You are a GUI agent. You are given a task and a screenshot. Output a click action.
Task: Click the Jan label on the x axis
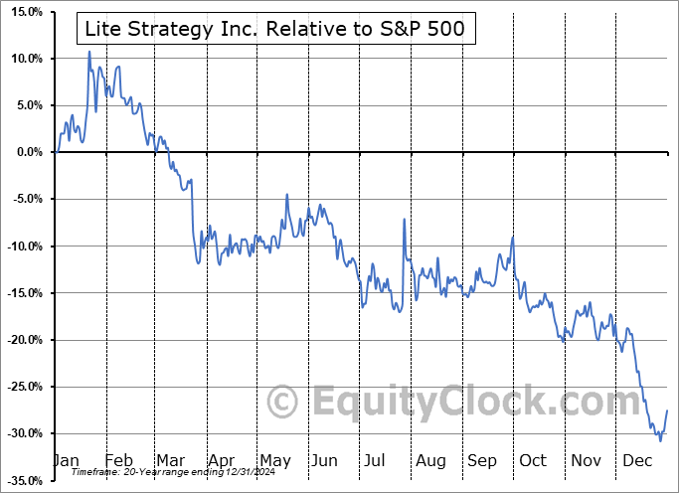coord(65,460)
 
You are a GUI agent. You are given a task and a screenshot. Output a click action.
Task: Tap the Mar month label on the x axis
coord(170,460)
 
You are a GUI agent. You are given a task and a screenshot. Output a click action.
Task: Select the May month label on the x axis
coord(274,460)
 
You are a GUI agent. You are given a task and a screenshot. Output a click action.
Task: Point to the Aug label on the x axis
coord(430,460)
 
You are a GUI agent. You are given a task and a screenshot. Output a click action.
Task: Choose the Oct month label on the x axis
coord(534,460)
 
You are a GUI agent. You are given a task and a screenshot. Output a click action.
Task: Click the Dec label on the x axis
coord(637,460)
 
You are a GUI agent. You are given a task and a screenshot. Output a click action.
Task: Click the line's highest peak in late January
coord(89,51)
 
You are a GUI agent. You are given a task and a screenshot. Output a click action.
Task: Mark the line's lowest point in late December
coord(660,439)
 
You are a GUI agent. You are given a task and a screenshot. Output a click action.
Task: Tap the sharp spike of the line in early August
coord(404,219)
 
